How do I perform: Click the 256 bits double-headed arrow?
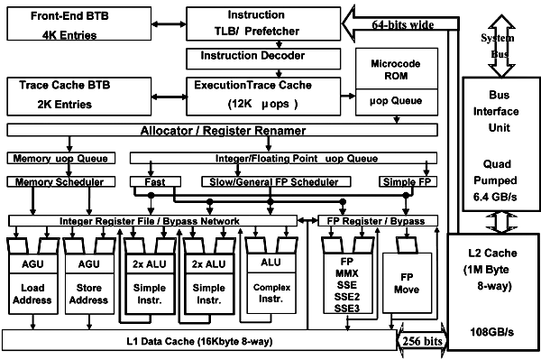(x=422, y=342)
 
